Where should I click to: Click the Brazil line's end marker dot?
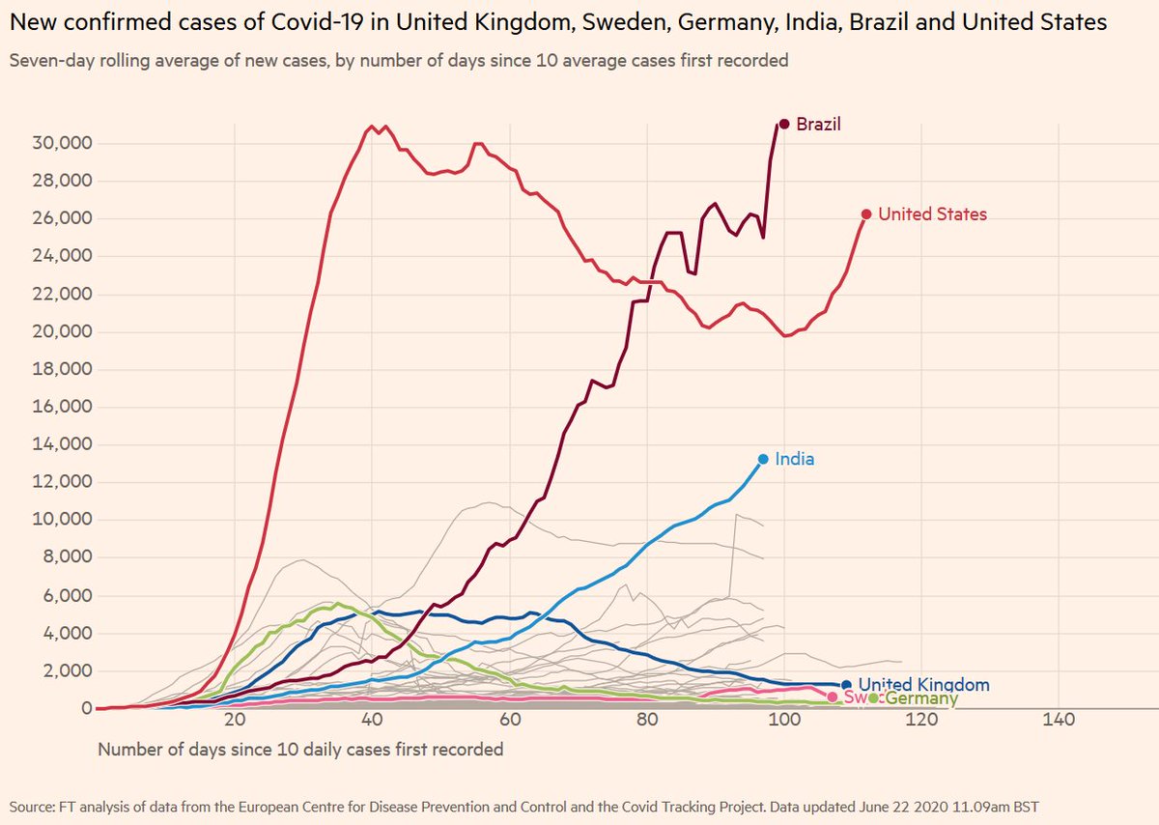tap(784, 124)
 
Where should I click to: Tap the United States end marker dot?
tap(866, 214)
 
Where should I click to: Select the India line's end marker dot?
tap(763, 459)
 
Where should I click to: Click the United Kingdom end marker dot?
tap(846, 685)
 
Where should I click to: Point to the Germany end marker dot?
tap(873, 697)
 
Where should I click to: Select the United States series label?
tap(932, 214)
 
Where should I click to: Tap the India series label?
tap(794, 459)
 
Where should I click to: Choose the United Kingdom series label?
tap(923, 685)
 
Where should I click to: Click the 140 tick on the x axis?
tap(1060, 721)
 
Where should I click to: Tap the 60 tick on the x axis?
tap(509, 721)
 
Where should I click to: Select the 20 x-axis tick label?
tap(234, 721)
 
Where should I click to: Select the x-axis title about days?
tap(300, 750)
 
